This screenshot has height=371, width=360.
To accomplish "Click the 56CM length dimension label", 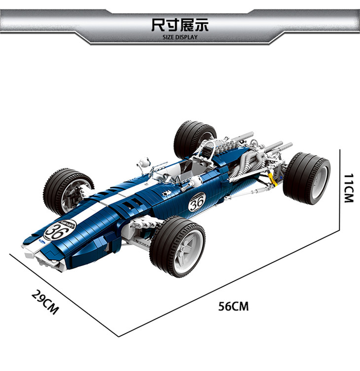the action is coord(234,306).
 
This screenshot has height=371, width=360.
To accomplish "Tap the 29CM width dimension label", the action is coord(45,302).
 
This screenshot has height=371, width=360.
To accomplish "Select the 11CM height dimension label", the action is coord(348,188).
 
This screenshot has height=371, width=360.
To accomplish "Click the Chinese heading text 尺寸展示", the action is coord(180,25).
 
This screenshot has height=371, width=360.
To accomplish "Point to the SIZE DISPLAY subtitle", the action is coord(180,37).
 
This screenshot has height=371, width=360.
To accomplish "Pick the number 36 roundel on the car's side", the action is coord(197,202).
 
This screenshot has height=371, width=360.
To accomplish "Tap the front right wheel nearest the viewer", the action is coord(178,247).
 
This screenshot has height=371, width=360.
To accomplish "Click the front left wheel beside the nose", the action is coord(68,192).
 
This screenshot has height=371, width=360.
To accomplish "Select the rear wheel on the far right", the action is coord(307,178).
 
